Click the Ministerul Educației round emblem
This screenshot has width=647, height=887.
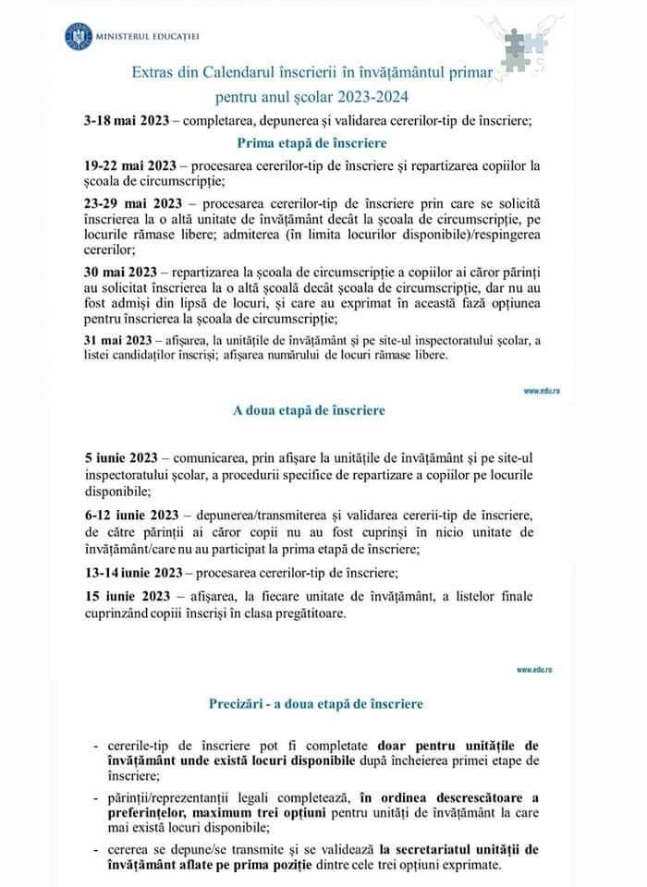[x=75, y=36]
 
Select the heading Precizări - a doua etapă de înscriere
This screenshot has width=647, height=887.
[x=316, y=704]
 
